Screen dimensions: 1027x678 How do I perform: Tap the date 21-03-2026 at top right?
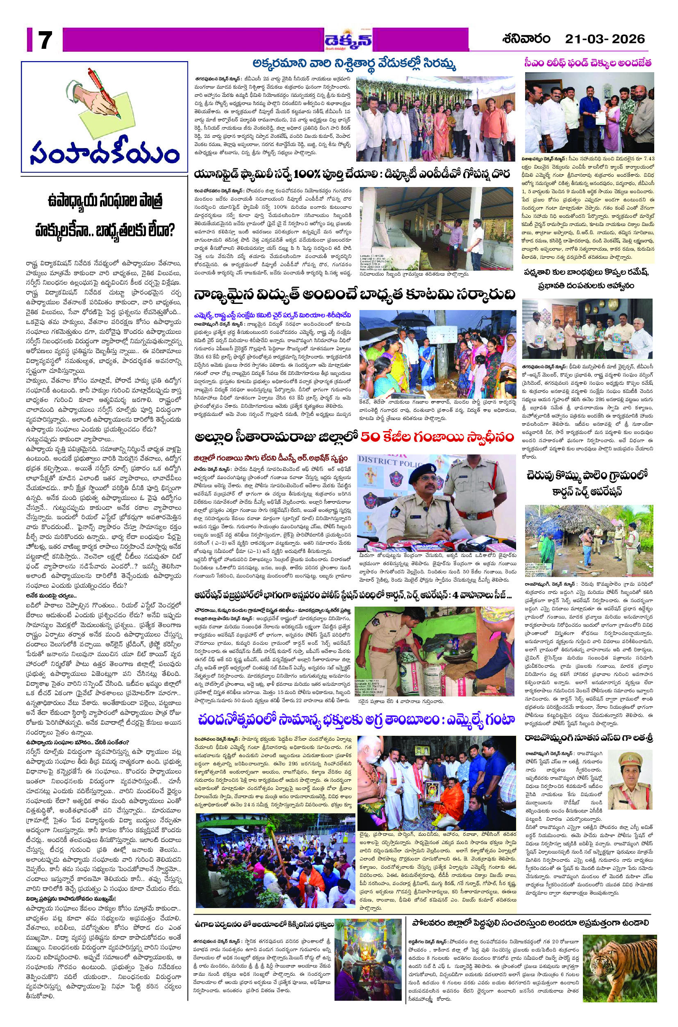(605, 39)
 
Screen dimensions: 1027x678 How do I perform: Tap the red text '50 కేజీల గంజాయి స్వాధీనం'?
(437, 437)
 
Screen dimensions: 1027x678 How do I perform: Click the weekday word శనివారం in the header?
(526, 39)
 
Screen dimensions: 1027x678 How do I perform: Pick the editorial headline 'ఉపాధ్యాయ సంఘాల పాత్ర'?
(105, 202)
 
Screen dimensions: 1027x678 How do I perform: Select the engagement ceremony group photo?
(435, 119)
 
